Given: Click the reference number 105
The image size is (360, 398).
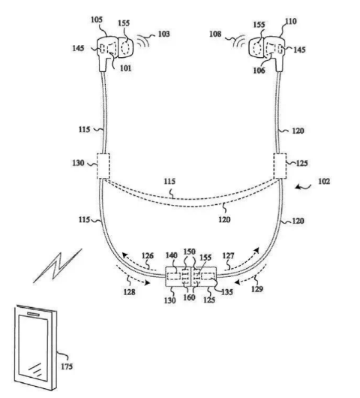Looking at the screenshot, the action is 97,20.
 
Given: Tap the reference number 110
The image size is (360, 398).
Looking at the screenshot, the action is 290,21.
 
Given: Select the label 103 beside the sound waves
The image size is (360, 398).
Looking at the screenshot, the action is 163,34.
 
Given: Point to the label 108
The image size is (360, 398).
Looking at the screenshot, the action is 215,34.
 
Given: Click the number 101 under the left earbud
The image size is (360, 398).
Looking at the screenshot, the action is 125,68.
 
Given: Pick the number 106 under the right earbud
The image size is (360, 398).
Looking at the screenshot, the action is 259,71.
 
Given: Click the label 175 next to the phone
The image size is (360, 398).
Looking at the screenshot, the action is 67,366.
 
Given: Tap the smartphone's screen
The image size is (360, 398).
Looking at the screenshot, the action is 33,348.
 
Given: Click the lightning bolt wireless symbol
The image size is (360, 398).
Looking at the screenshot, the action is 58,266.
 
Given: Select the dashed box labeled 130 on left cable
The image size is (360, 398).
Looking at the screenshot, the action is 103,166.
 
